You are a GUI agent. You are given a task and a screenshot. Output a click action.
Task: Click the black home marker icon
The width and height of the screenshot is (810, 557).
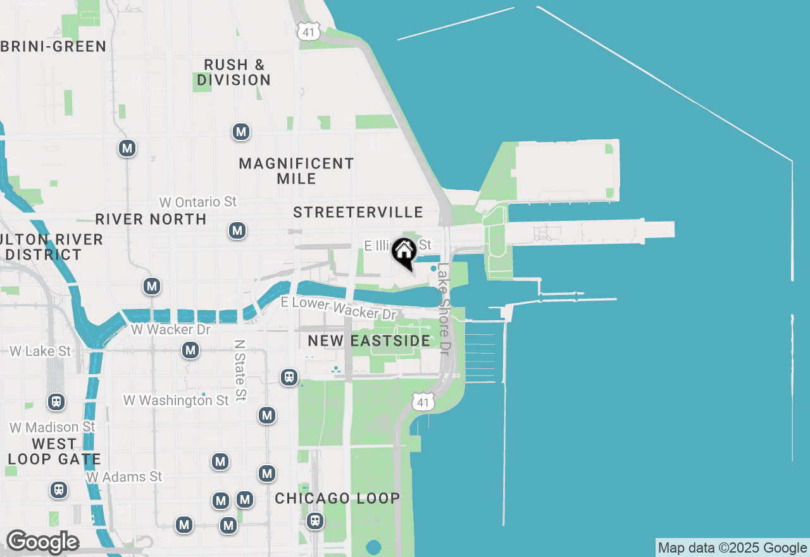pos(404,252)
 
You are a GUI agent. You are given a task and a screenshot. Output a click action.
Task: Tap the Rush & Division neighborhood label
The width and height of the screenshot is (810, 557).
pos(234,72)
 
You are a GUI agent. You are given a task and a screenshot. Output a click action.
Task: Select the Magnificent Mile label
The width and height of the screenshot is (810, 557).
pos(296,171)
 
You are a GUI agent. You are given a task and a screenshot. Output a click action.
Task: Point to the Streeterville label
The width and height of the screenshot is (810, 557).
pos(358,212)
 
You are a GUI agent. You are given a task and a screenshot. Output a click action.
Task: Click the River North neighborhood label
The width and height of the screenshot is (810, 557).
pos(151,220)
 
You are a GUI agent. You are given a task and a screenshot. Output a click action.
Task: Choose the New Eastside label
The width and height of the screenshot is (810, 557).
pos(369,341)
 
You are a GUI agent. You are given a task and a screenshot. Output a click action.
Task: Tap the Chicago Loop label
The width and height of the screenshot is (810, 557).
pos(337,499)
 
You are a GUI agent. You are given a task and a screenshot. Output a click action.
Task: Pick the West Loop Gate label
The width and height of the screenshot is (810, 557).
pos(54,451)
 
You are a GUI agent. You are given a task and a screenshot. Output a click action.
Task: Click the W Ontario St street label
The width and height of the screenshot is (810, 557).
pos(198,202)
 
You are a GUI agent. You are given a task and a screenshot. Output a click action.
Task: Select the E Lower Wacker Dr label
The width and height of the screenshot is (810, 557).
pos(339,308)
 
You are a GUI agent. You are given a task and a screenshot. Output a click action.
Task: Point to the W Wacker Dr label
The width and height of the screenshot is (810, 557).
pos(170,330)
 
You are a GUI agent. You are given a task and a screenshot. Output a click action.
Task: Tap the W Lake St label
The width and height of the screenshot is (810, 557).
pos(40,351)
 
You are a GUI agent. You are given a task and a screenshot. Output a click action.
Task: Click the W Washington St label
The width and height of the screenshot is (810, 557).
pos(176,401)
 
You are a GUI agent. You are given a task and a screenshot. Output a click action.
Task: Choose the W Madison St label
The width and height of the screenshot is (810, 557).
pos(52,428)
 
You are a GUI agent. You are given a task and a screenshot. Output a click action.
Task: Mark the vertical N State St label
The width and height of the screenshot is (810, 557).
pos(239,370)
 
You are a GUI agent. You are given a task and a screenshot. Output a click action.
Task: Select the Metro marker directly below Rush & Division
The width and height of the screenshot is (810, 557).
pos(240,132)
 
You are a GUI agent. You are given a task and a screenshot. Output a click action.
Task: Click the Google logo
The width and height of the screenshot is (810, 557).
pos(42,542)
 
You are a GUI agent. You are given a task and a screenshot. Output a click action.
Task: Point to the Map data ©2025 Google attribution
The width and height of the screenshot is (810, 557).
pos(732,548)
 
